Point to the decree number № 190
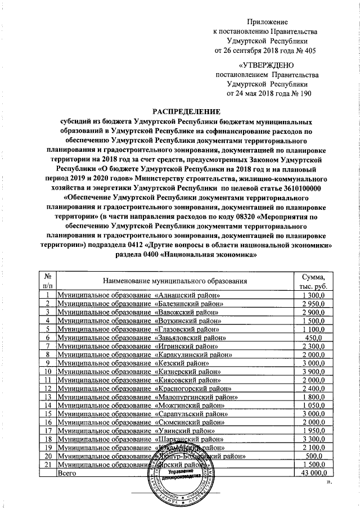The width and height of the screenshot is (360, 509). pos(298,93)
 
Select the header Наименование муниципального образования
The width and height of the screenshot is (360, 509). pos(175,280)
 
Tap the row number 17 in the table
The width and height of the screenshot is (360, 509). pos(48,430)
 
